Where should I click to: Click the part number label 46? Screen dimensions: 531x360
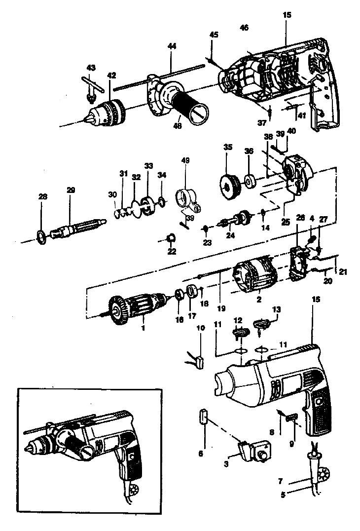pyautogui.click(x=244, y=28)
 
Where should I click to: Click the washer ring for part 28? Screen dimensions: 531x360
pyautogui.click(x=42, y=236)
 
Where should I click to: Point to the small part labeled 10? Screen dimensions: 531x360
pyautogui.click(x=199, y=363)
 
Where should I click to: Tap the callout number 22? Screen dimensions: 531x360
pyautogui.click(x=172, y=252)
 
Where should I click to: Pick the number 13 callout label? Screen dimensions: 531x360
pyautogui.click(x=277, y=309)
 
